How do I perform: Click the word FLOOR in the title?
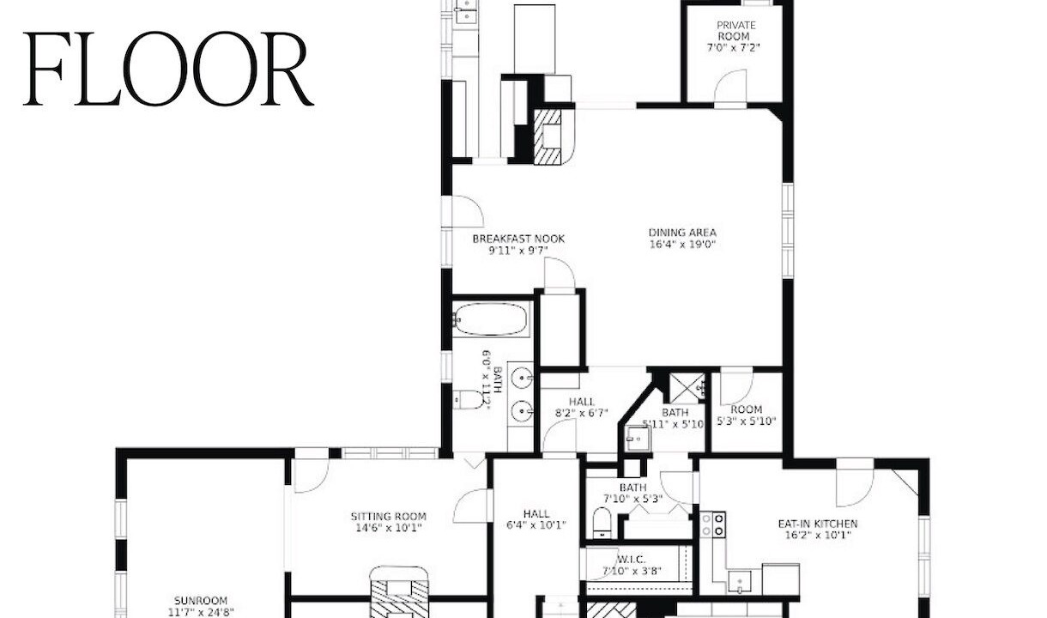[x=168, y=70]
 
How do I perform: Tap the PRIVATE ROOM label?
[x=736, y=30]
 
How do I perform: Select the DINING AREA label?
[x=682, y=233]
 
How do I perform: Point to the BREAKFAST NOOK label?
[x=518, y=239]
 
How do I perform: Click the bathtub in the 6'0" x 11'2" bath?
[x=491, y=319]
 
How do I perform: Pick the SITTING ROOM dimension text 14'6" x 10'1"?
[x=389, y=528]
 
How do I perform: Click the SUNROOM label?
[x=201, y=601]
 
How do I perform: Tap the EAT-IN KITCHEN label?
[x=818, y=524]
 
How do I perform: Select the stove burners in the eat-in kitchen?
[x=712, y=524]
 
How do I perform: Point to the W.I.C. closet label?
[x=632, y=559]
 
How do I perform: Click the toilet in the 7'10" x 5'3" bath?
[x=602, y=524]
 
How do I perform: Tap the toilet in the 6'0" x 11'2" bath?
[x=469, y=400]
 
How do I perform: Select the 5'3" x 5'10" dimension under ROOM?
[x=747, y=421]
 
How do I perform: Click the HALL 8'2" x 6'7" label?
[x=582, y=408]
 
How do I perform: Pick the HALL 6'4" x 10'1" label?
[x=536, y=519]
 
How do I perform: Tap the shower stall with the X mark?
[x=687, y=387]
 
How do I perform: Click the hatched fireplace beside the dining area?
[x=548, y=136]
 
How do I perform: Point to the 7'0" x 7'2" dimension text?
[x=734, y=48]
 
